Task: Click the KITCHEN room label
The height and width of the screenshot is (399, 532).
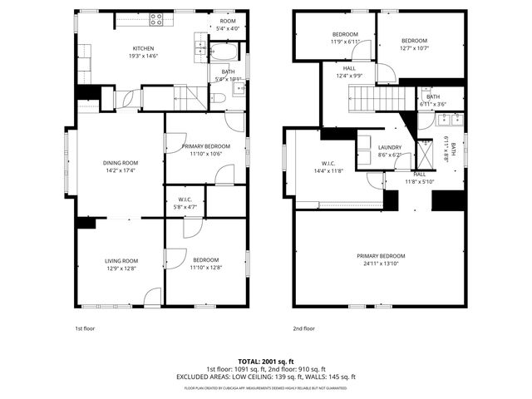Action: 144,48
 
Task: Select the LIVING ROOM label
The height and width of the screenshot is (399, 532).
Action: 121,261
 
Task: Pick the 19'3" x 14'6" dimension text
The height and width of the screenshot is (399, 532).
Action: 144,56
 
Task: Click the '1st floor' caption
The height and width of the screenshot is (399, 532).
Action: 86,328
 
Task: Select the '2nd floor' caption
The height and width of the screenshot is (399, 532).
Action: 304,328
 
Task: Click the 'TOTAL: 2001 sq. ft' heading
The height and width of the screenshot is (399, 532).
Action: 266,361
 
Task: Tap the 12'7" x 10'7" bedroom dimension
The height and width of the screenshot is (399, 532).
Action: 414,48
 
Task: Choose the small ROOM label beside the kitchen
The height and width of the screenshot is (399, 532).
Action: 228,22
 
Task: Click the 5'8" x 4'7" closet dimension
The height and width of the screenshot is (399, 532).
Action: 185,207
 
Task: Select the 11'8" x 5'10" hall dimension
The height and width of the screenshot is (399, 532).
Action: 420,181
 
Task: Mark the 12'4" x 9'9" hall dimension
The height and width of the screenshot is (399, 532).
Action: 349,76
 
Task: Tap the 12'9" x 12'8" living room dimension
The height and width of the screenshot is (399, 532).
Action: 121,268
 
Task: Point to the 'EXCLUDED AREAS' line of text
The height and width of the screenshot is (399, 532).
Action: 266,377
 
